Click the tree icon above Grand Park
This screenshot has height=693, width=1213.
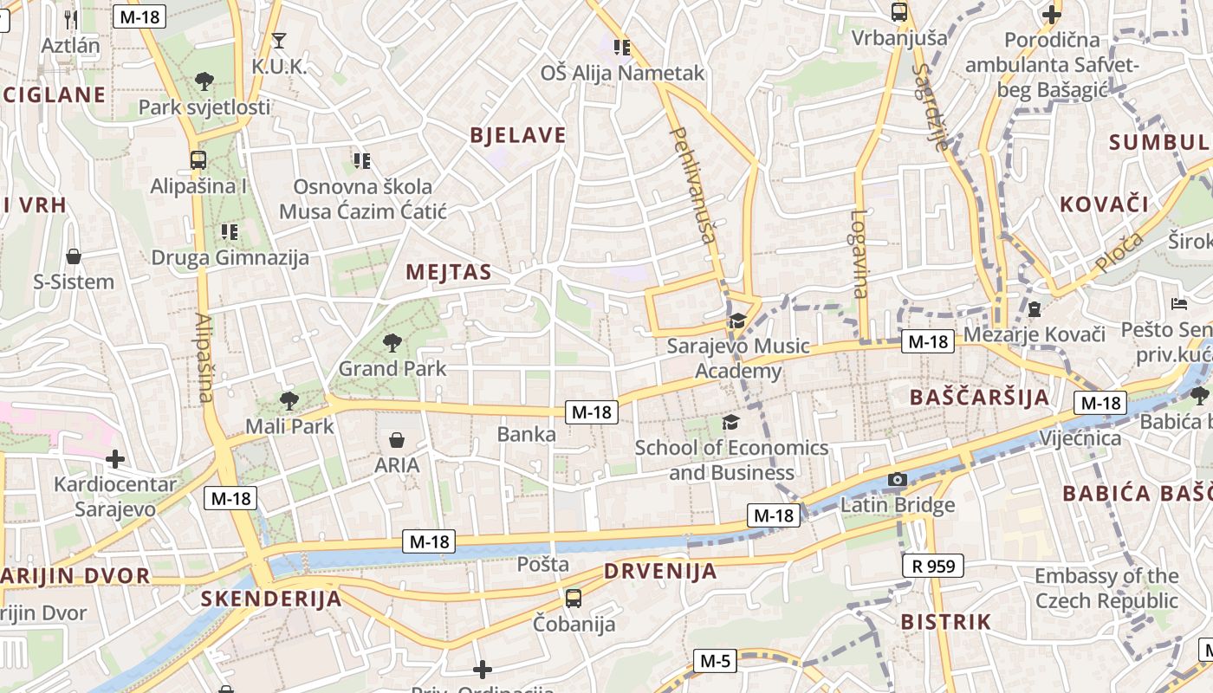point(392,342)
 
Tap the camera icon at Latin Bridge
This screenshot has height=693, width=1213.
point(898,480)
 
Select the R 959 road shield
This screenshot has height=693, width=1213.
point(933,567)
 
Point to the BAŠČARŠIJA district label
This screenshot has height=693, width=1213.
point(979,398)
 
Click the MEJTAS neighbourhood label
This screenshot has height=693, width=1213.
point(449,273)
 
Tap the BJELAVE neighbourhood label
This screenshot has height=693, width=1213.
point(517,135)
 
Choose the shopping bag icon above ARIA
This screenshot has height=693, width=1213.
point(397,440)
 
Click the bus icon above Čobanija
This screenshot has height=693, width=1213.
point(574,598)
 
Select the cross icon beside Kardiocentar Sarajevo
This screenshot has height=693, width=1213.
point(115,458)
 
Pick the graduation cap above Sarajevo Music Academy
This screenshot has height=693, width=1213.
point(737,321)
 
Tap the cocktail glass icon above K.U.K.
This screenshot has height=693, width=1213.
point(279,40)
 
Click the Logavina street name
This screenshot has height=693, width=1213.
point(859,254)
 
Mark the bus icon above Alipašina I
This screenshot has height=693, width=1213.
point(198,160)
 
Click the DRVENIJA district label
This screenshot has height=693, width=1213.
point(660,572)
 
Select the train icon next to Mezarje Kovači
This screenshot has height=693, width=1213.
point(1034,308)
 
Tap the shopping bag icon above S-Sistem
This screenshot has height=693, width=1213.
point(74,256)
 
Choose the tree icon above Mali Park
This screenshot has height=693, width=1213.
point(289,400)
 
